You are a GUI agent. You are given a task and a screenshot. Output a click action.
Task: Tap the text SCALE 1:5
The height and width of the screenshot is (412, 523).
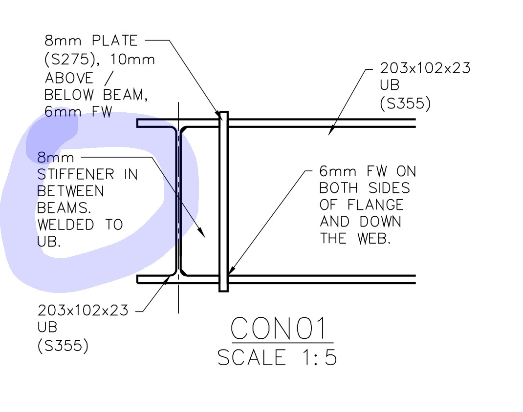coord(277,357)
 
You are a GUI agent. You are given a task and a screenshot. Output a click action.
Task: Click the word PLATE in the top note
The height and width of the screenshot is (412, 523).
coord(114,41)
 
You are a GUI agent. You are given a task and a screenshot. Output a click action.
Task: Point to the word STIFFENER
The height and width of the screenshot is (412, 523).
coord(75,175)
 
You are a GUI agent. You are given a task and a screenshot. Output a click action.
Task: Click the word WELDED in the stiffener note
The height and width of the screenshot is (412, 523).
coord(65,225)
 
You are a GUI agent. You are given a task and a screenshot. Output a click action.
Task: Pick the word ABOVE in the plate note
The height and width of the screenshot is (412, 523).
coord(69,78)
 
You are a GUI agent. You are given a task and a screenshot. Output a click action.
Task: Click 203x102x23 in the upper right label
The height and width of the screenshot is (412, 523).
coord(425,68)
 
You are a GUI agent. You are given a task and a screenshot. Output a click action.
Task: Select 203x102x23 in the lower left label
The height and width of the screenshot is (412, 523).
coord(83,310)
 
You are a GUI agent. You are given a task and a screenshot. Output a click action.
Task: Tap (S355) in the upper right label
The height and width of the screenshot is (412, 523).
coord(405,103)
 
